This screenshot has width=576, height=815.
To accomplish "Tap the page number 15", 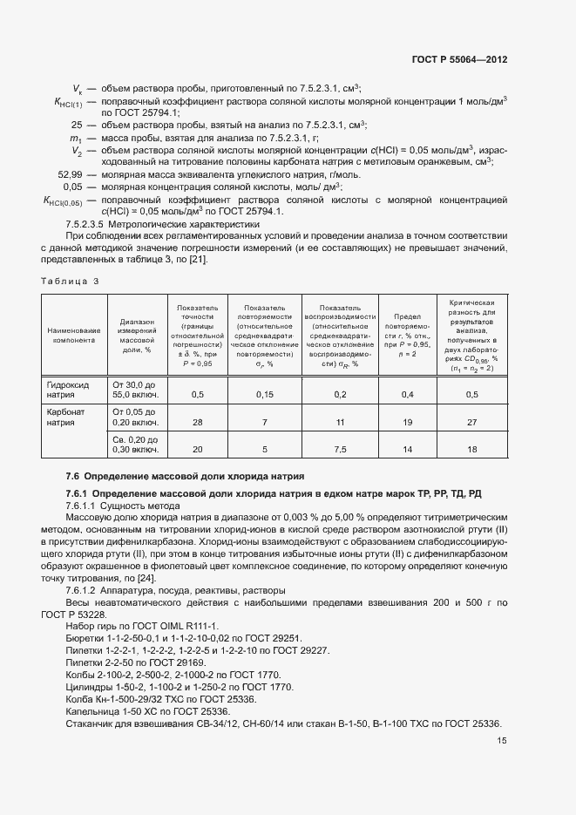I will tap(502, 741).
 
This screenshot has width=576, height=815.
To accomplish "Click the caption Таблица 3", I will tap(71, 281).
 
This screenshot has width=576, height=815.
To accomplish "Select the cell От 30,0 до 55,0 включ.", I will tap(135, 389).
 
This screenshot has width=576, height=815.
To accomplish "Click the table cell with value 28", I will tap(197, 423).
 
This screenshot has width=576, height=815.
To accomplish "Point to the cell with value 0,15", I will tap(265, 395).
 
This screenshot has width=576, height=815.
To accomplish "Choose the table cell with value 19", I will tap(406, 423).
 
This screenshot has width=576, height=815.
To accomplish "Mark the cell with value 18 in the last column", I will tap(472, 450).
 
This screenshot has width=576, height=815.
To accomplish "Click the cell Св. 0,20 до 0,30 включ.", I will tap(135, 445).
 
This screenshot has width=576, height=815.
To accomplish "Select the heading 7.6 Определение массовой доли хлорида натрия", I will tap(185, 476).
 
